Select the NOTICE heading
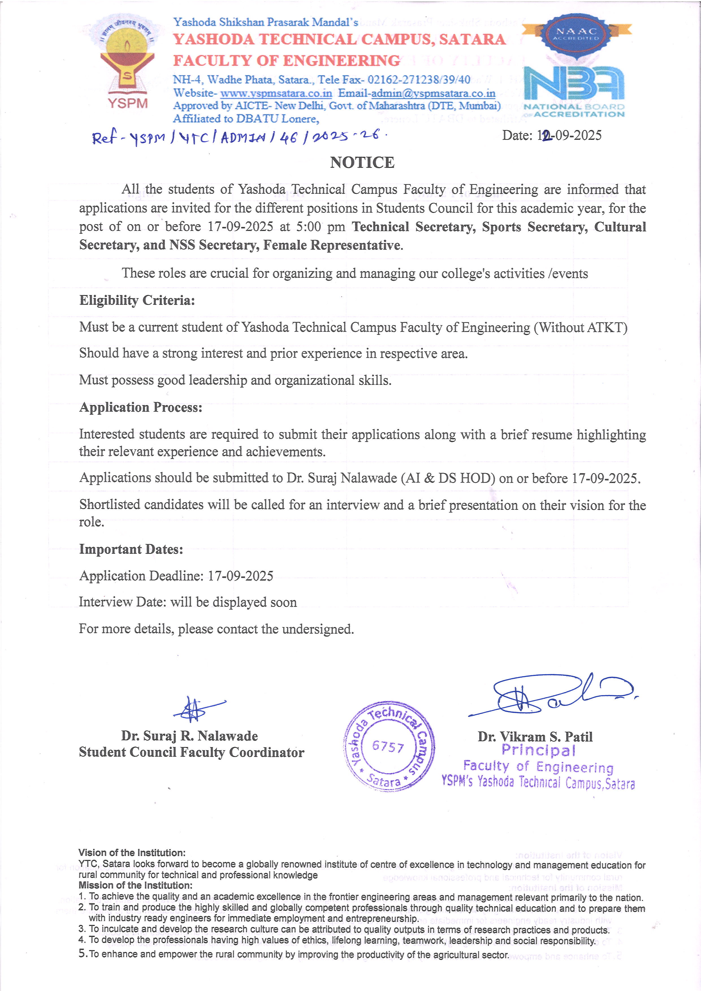pos(362,163)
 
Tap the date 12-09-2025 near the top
pos(552,136)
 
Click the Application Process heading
pos(141,407)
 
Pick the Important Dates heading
pos(131,549)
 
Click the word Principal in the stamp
pos(538,751)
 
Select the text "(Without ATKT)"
pos(581,328)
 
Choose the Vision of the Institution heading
pos(132,853)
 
